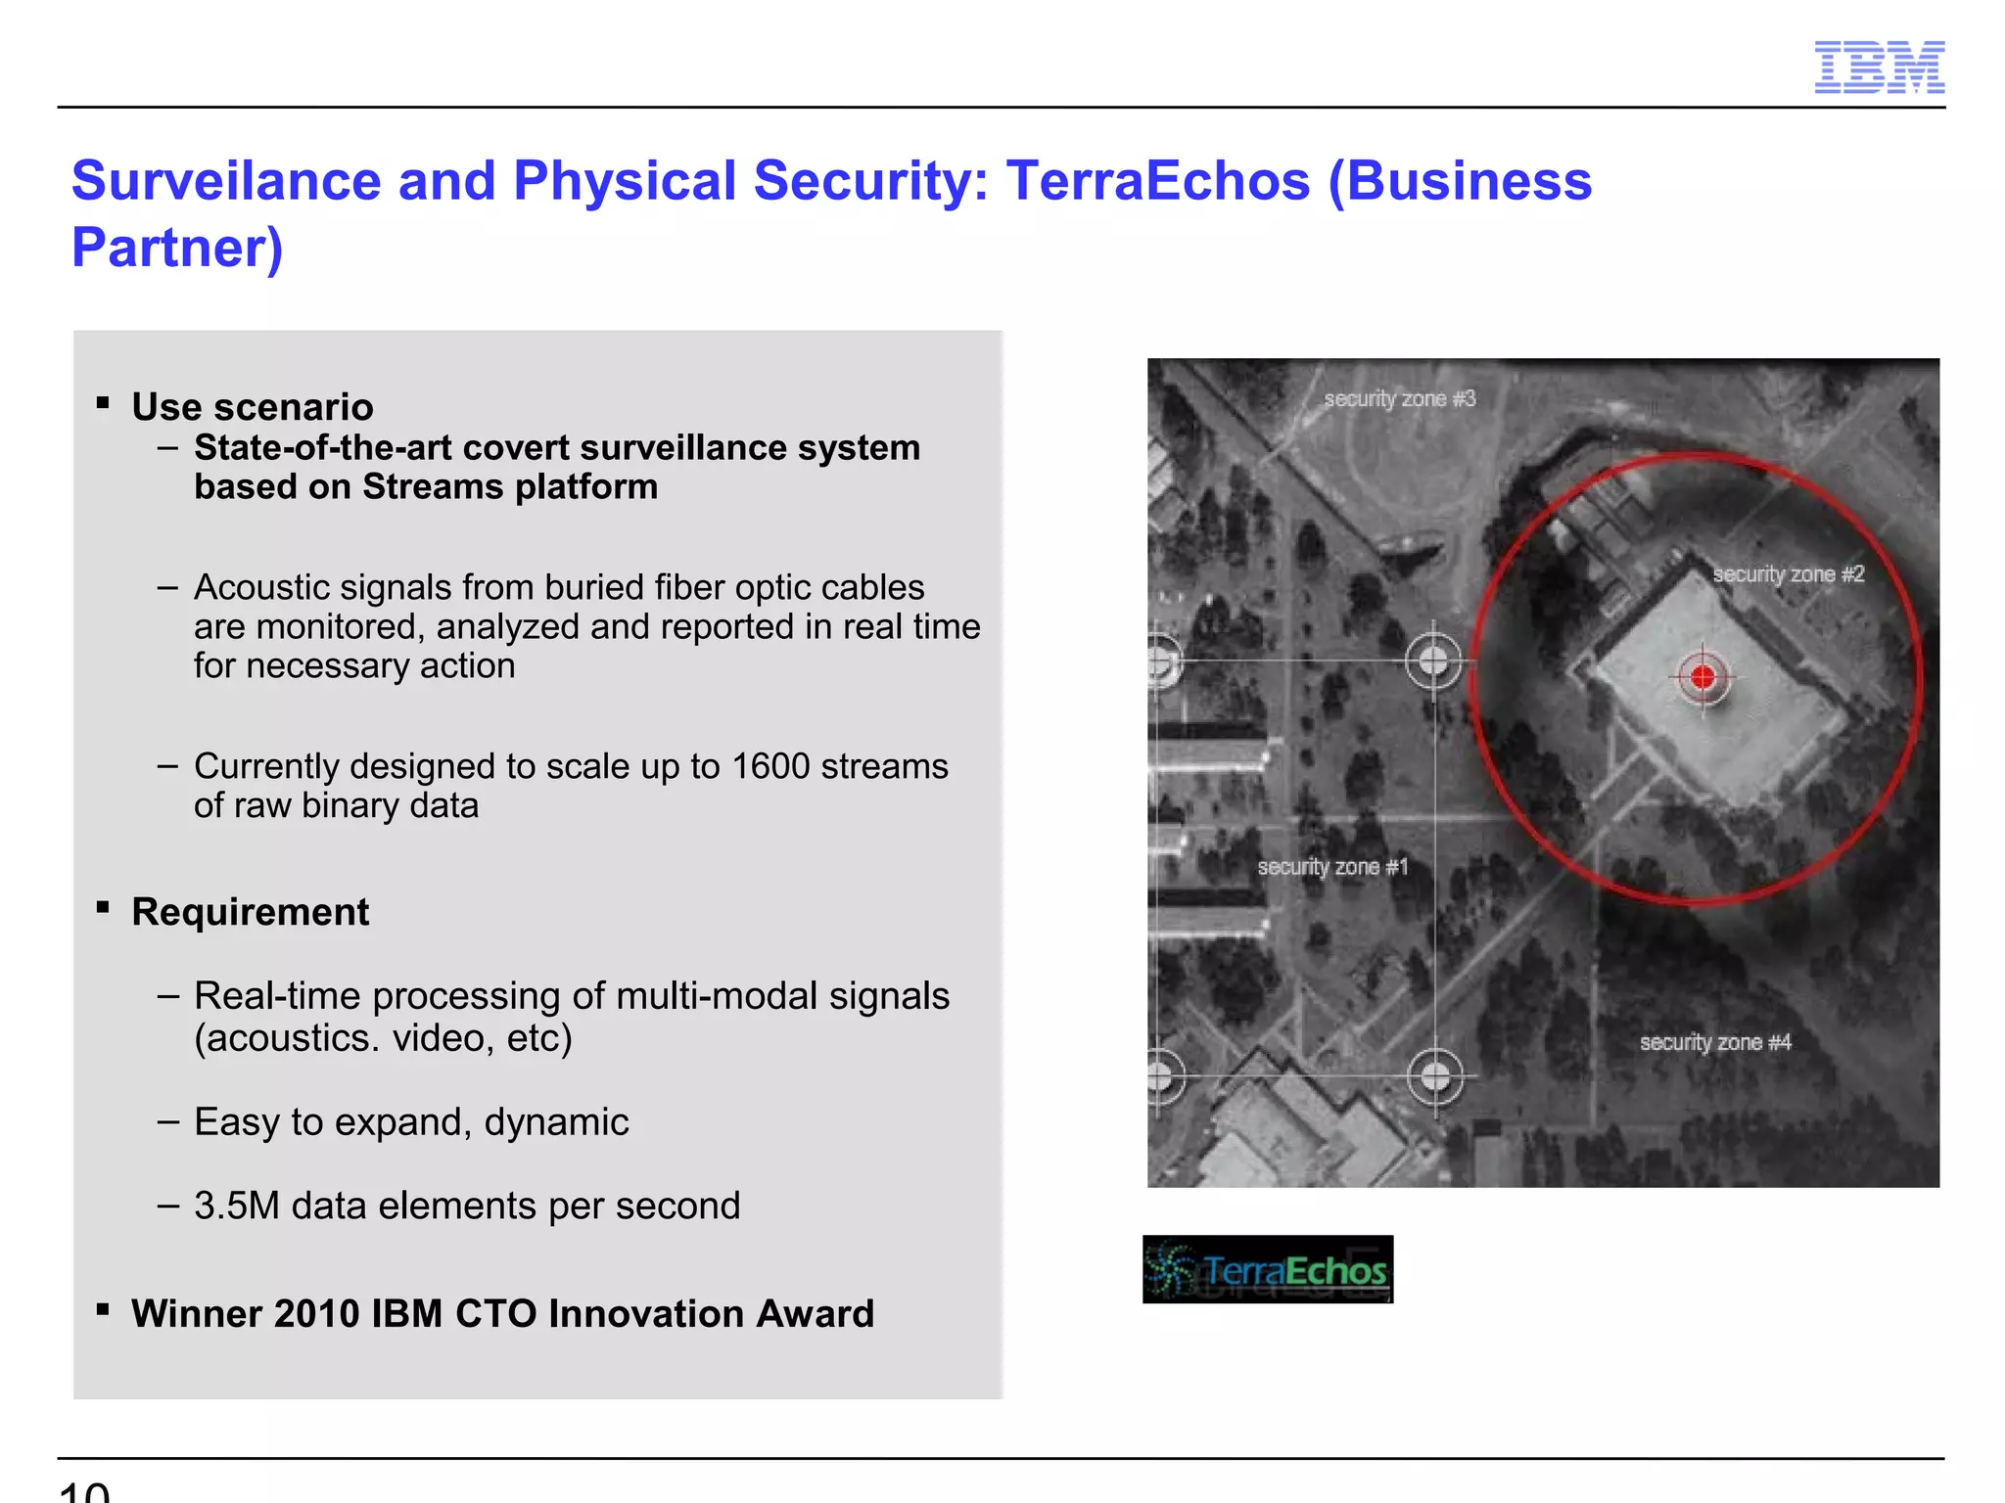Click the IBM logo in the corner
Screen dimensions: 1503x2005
pos(1879,68)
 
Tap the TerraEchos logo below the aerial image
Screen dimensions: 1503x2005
pos(1268,1269)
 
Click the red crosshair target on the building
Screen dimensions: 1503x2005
pos(1702,676)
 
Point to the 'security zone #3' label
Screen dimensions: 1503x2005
pos(1399,399)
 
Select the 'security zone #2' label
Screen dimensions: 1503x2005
pos(1788,574)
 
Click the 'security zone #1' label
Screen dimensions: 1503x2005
pos(1332,867)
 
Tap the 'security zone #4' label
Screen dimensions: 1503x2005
pos(1715,1042)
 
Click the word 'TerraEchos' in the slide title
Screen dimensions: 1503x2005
pos(1158,181)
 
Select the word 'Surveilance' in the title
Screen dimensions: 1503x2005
pos(226,181)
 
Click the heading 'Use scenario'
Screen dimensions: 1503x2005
pos(253,407)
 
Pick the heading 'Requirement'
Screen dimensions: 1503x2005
pos(251,912)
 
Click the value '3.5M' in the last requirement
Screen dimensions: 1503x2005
pos(237,1206)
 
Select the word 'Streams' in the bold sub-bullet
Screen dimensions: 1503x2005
pos(426,487)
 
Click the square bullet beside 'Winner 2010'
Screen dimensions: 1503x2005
pos(103,1309)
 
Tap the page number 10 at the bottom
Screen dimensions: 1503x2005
pos(84,1492)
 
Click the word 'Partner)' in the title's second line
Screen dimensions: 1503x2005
pos(177,247)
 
